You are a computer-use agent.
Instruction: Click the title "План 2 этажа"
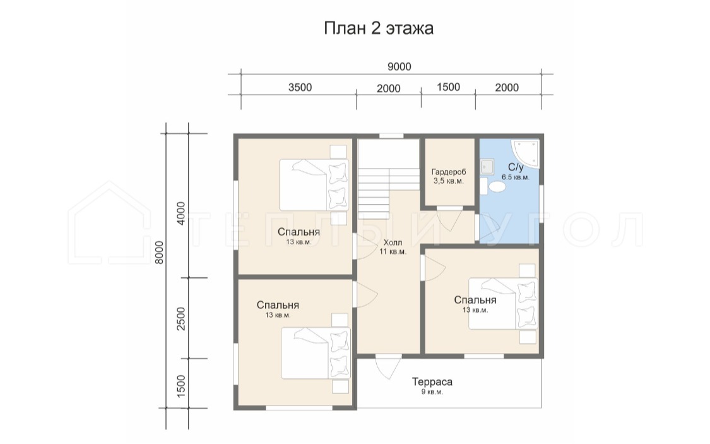pyautogui.click(x=379, y=28)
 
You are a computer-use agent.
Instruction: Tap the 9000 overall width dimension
pyautogui.click(x=399, y=66)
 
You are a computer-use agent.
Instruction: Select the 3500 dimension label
pyautogui.click(x=300, y=87)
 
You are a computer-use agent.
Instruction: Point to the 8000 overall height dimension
pyautogui.click(x=159, y=253)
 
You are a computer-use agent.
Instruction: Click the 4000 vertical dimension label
pyautogui.click(x=180, y=214)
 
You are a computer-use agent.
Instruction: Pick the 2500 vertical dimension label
pyautogui.click(x=180, y=318)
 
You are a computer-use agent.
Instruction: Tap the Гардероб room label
pyautogui.click(x=449, y=172)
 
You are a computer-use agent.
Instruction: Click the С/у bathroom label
pyautogui.click(x=515, y=167)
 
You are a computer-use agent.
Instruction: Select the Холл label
pyautogui.click(x=393, y=243)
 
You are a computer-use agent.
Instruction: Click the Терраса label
pyautogui.click(x=432, y=382)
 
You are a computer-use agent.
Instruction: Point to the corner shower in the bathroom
pyautogui.click(x=526, y=153)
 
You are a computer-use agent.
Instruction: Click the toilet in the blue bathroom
pyautogui.click(x=494, y=186)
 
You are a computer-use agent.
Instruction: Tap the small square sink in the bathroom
pyautogui.click(x=487, y=167)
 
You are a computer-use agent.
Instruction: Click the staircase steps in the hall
pyautogui.click(x=389, y=179)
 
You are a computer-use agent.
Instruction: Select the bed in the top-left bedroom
pyautogui.click(x=314, y=185)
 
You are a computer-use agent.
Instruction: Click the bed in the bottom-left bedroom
pyautogui.click(x=316, y=353)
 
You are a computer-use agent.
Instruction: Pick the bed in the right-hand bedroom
pyautogui.click(x=503, y=304)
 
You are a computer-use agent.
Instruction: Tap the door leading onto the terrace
pyautogui.click(x=388, y=366)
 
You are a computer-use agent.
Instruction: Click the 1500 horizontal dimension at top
pyautogui.click(x=448, y=87)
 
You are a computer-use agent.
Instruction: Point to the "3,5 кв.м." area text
pyautogui.click(x=449, y=181)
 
